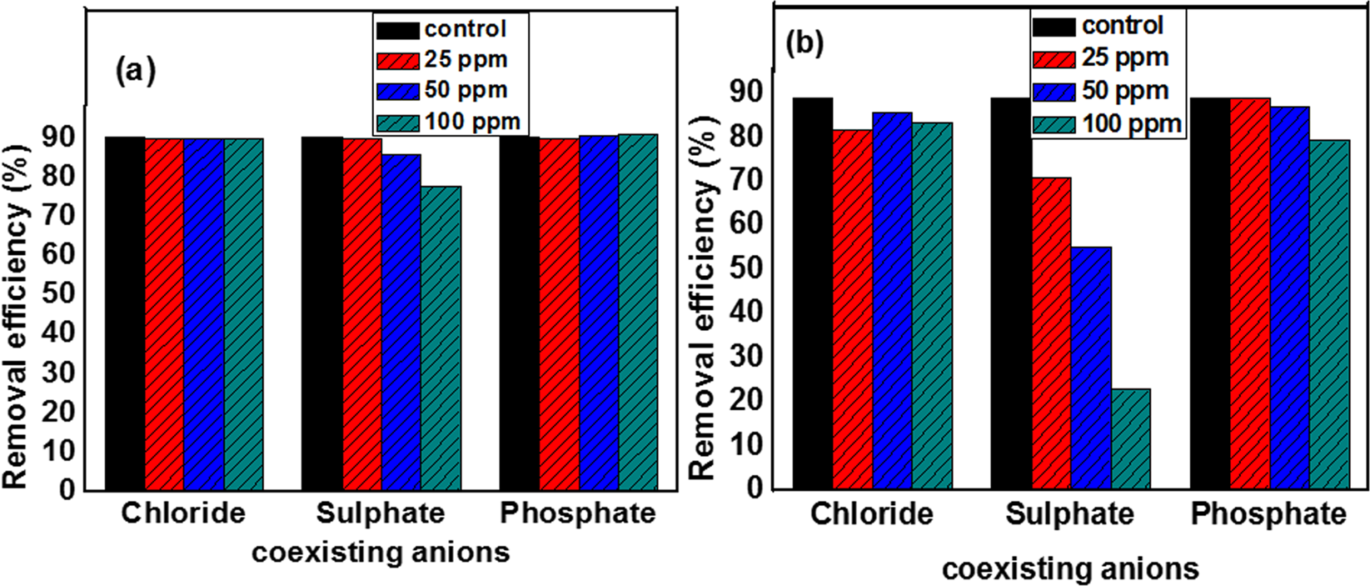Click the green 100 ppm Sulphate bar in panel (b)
1130,438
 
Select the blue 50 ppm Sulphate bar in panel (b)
1091,368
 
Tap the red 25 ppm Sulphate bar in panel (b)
1052,333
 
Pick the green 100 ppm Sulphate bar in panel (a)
441,338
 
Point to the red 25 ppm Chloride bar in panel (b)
853,309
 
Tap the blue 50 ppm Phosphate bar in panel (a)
599,313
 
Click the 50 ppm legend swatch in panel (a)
396,91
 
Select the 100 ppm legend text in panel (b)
1131,125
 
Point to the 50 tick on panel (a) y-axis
62,293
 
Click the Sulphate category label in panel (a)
380,513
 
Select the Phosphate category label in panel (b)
1268,514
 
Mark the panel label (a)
135,71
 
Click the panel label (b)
804,43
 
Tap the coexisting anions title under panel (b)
1070,569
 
